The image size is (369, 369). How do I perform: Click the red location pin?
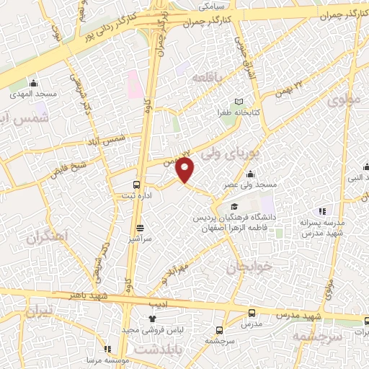point(186,170)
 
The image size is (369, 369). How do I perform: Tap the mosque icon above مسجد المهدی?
point(33,83)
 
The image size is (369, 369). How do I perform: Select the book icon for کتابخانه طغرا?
point(239,102)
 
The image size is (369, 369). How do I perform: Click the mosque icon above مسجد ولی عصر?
point(250,174)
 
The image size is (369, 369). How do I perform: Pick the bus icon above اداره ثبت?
point(138,183)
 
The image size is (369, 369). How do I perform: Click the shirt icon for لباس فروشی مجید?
point(151,319)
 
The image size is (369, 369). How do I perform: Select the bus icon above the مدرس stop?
point(252,313)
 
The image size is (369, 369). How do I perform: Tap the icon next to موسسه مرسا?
point(108,349)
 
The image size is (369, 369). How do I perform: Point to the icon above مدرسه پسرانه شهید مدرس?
point(322,211)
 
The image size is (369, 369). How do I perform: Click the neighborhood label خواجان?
point(250,267)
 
